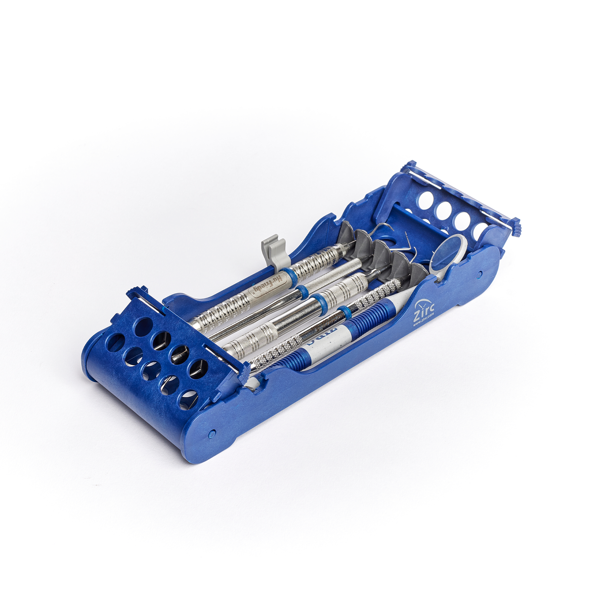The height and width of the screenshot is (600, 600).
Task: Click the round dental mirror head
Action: [448, 250]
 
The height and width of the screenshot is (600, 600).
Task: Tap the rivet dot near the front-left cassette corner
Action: [212, 433]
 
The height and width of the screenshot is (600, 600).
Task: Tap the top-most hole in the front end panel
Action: [144, 327]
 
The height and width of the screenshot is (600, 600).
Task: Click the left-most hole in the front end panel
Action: [116, 343]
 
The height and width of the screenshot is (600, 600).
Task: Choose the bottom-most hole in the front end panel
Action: [188, 399]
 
